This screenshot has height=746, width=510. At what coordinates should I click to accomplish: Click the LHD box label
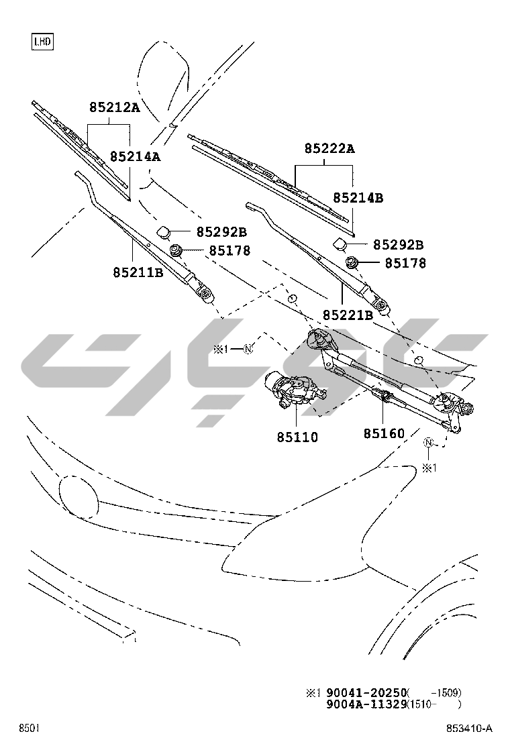point(42,42)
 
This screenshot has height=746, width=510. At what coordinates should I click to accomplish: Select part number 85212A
point(115,107)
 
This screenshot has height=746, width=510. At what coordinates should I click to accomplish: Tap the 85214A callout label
point(135,156)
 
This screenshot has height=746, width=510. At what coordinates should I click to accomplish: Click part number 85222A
point(329,149)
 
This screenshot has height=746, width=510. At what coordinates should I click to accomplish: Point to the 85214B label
point(358,198)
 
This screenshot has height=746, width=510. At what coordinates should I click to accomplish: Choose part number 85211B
point(138,272)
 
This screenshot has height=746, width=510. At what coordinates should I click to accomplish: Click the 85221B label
point(348,315)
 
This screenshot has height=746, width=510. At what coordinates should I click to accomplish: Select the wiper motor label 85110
point(297,437)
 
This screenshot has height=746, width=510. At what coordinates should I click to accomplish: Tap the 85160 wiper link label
point(385,434)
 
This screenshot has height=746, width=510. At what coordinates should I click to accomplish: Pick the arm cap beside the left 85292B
point(164,232)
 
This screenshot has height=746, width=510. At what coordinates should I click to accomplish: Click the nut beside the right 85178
point(352,262)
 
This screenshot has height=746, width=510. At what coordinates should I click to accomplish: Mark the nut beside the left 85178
point(176,251)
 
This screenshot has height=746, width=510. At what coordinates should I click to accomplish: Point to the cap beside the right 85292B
point(340,244)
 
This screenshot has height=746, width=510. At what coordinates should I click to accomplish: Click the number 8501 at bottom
point(29,729)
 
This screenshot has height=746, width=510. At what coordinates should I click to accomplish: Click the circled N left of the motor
point(247,349)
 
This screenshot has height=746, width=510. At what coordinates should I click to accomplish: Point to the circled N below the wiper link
point(429,443)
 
